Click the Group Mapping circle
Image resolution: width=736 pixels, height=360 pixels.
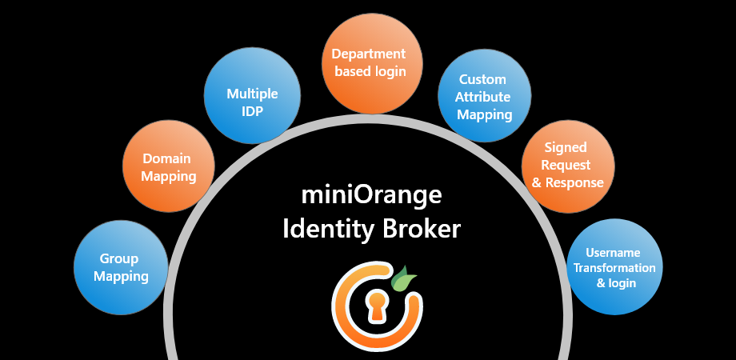tap(121, 267)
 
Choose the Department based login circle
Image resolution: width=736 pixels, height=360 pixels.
tap(370, 61)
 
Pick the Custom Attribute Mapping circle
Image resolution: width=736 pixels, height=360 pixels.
tap(485, 96)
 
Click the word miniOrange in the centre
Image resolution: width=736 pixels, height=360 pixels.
tap(371, 195)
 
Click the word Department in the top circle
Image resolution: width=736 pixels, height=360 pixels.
tap(370, 54)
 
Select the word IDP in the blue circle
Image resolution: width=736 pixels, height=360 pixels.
tap(253, 111)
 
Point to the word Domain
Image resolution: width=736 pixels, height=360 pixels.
tap(169, 158)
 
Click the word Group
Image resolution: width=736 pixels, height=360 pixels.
tap(119, 259)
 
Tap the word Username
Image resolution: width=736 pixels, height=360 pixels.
tap(614, 253)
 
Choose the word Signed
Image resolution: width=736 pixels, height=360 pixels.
tap(566, 148)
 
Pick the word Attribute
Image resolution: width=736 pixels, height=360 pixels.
tap(485, 97)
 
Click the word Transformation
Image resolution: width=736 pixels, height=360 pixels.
tap(614, 267)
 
